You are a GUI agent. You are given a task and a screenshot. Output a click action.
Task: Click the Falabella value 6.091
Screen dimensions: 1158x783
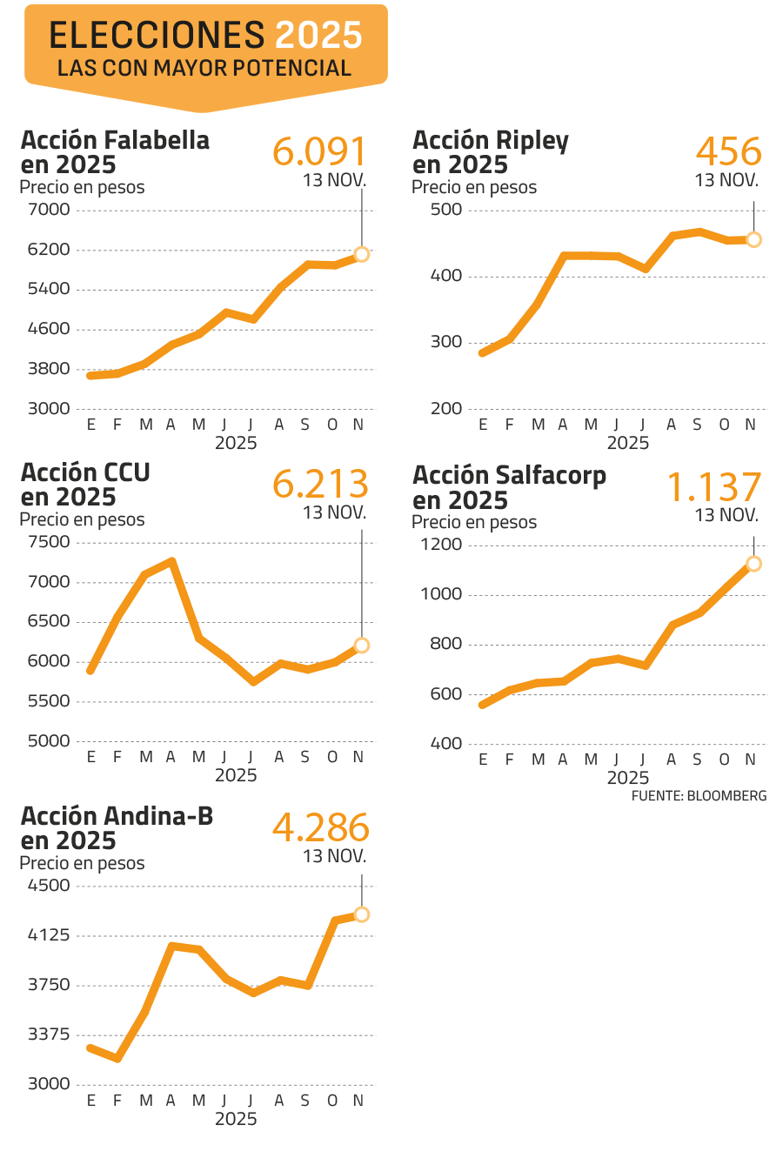click(x=319, y=151)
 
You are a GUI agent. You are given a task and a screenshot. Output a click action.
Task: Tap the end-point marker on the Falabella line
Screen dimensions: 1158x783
click(x=362, y=254)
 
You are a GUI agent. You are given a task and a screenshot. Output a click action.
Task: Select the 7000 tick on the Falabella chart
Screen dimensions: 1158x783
click(x=49, y=210)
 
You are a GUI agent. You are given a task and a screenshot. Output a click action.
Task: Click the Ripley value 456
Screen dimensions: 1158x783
click(x=728, y=152)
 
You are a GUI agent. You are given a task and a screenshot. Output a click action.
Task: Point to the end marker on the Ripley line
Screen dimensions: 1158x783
click(x=753, y=239)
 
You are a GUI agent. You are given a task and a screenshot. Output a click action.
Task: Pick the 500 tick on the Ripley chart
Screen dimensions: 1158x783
click(x=447, y=210)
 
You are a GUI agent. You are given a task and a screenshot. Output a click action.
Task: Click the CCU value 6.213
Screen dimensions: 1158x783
click(x=320, y=485)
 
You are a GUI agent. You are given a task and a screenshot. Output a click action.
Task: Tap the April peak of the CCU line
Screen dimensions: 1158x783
click(x=172, y=560)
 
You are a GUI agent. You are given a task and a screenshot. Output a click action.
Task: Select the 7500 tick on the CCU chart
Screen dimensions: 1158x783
click(x=49, y=542)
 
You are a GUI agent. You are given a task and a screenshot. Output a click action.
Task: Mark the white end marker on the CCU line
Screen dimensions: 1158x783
click(x=362, y=645)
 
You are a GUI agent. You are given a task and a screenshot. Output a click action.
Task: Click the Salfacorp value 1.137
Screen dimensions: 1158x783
click(x=713, y=488)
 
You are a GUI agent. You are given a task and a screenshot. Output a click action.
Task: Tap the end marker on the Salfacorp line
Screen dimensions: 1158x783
click(x=753, y=564)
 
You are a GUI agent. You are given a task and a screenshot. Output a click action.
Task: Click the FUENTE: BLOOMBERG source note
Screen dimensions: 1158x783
click(x=699, y=796)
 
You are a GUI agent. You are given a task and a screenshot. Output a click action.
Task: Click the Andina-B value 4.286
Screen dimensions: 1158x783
click(x=320, y=828)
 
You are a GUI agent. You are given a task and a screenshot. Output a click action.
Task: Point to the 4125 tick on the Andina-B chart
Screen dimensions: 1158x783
click(x=49, y=936)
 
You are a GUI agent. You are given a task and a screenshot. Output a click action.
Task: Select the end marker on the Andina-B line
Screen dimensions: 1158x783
click(x=362, y=914)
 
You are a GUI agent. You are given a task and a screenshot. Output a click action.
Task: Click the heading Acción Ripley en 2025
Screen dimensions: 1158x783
click(x=490, y=152)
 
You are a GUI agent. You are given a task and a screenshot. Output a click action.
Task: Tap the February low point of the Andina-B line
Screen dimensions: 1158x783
click(x=117, y=1059)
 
